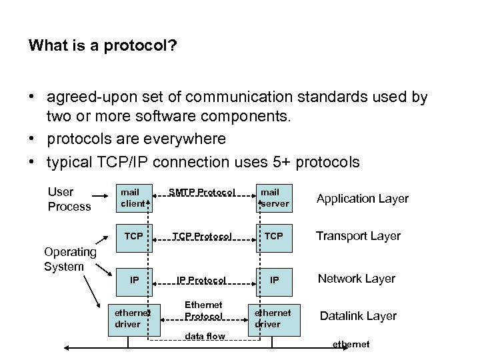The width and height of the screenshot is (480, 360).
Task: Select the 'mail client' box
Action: [x=133, y=197]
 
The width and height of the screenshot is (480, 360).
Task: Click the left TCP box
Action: [x=134, y=235]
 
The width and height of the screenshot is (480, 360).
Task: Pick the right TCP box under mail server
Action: [x=273, y=235]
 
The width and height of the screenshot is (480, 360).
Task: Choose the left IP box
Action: [x=134, y=280]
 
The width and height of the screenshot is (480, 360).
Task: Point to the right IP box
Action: [x=273, y=280]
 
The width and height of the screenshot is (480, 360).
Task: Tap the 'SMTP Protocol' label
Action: [x=203, y=192]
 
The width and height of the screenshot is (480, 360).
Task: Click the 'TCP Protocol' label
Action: [x=203, y=235]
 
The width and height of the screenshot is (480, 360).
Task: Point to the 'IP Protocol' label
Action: [x=203, y=280]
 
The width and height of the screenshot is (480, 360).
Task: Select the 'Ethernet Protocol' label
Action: [x=203, y=310]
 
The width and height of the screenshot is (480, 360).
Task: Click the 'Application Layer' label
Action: [x=362, y=199]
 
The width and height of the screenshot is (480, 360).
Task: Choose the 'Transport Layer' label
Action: [x=358, y=235]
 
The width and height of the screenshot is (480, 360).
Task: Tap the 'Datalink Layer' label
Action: [x=358, y=316]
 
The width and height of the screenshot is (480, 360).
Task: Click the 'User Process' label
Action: [x=69, y=199]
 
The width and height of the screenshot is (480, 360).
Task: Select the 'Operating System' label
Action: [x=69, y=259]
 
